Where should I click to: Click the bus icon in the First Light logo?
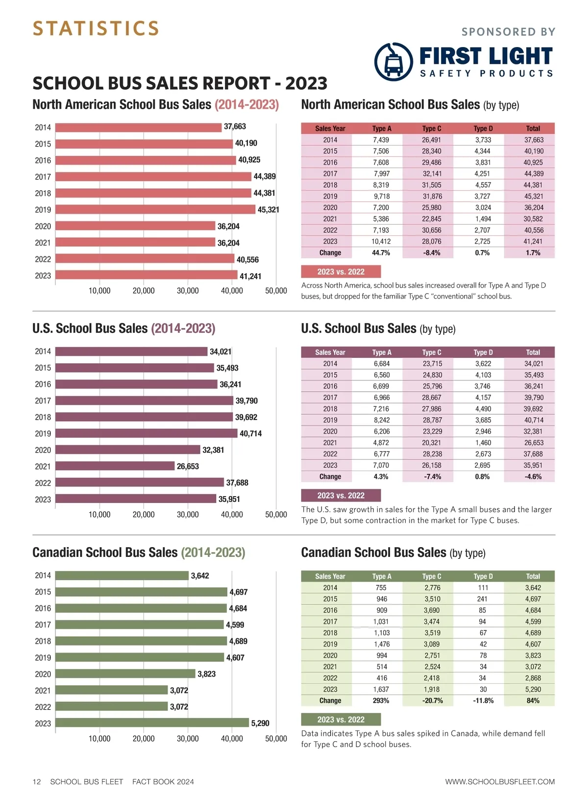coord(393,62)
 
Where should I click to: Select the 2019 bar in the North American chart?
coord(155,209)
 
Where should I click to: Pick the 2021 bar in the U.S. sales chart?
coord(115,466)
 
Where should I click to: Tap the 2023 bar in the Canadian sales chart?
coord(152,723)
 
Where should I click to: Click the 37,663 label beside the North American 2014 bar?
coord(235,126)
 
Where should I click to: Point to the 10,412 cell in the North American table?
coord(381,241)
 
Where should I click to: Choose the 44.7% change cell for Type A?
coord(381,253)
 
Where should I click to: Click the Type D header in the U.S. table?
coord(483,352)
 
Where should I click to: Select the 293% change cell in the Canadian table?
coord(381,701)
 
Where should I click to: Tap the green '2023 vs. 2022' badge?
coord(341,720)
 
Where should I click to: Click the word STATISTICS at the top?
coord(96,28)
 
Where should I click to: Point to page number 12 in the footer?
coord(37,782)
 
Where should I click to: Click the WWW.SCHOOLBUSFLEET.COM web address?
coord(500,782)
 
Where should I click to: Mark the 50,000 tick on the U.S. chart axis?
coord(276,515)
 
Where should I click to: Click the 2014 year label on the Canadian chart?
coord(43,576)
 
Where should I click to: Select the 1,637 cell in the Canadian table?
coord(381,690)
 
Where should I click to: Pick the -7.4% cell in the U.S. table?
coord(432,477)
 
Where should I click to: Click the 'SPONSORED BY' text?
coord(508,32)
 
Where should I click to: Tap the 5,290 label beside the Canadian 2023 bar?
coord(260,724)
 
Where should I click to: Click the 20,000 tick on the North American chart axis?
coord(144,291)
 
